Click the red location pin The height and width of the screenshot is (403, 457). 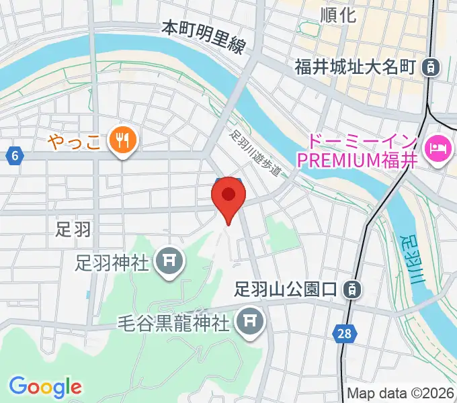pos(228,197)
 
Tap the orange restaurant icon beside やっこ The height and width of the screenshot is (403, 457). pos(123,140)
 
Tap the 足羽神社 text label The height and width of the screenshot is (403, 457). pos(112,263)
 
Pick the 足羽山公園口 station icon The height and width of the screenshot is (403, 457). pos(351,289)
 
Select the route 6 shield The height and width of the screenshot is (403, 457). pos(14,156)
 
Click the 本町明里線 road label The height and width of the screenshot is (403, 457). pos(203,38)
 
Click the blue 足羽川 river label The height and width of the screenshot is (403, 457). pos(409,259)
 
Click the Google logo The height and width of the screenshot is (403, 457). pos(45,387)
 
